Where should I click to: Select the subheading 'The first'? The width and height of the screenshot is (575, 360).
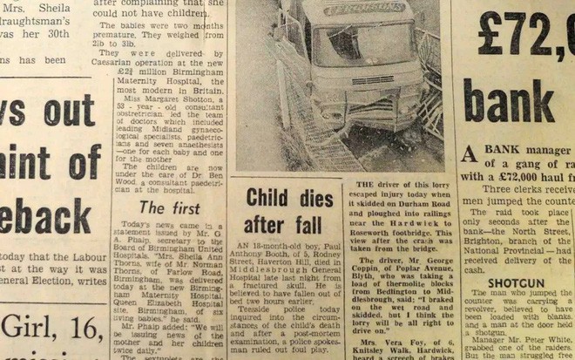pos(164,207)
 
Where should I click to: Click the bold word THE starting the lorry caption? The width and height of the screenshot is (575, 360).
pos(365,185)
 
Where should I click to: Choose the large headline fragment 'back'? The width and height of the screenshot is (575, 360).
pos(48,215)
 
